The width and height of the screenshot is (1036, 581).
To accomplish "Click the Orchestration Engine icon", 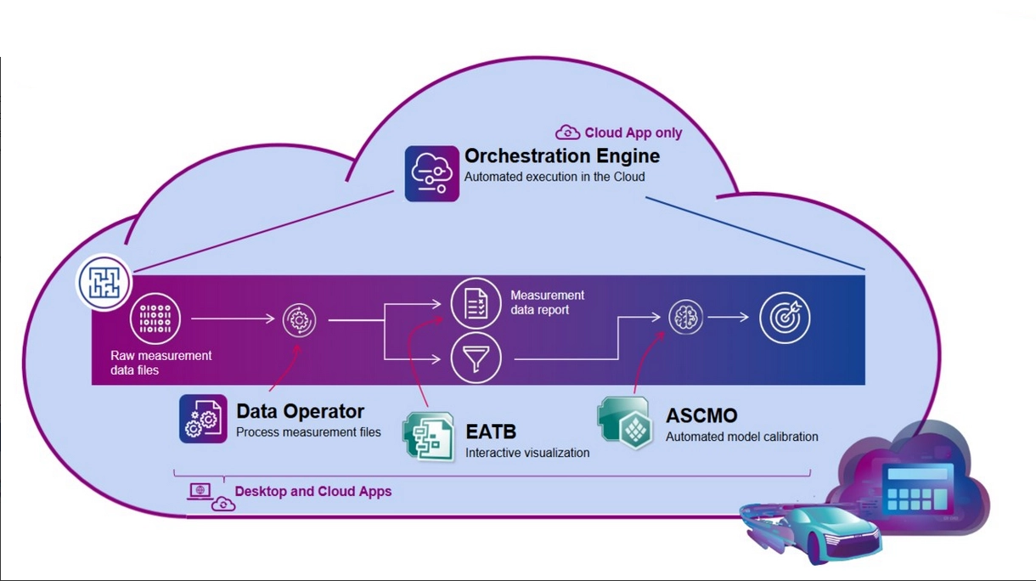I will coord(431,173).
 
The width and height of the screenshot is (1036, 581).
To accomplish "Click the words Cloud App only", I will coord(633,133).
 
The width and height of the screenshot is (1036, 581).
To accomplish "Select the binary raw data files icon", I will coord(155,319).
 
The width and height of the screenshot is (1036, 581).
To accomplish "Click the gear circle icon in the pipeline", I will coord(299,320).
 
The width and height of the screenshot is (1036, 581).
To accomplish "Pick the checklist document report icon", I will coord(476,302).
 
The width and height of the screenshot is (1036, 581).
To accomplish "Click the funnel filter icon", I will coord(476,358).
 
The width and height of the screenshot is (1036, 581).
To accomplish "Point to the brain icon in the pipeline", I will coord(685,318).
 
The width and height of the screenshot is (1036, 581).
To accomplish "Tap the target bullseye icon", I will coord(785,318).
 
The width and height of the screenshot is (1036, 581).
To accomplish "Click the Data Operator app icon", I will coord(203,419).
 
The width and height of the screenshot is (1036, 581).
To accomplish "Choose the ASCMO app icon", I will coord(626,421).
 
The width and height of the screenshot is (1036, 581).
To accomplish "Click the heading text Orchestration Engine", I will coord(561,156).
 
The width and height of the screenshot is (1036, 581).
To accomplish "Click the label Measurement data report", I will coord(547,302).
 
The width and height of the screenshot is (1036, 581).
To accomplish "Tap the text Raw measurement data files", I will coord(160,363).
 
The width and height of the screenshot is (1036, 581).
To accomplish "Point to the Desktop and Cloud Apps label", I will coord(312,491).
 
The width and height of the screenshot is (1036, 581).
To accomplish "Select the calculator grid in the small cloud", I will coord(917,488).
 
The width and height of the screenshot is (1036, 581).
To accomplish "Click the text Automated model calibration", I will coord(741,437).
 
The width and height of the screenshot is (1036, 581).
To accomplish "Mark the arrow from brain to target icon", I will coord(728,318).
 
